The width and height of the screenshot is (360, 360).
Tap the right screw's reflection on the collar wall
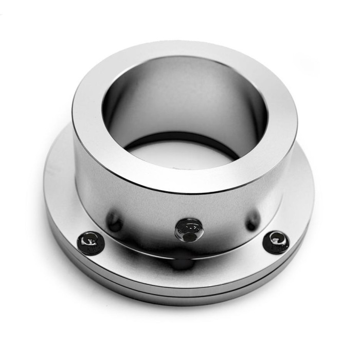(x=251, y=223)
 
